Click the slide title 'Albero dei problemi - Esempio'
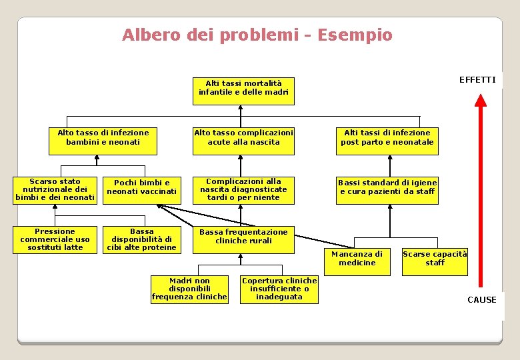[x=257, y=35]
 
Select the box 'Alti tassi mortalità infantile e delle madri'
[x=243, y=88]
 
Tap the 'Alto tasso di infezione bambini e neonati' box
[x=103, y=137]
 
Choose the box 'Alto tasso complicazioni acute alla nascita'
[x=243, y=137]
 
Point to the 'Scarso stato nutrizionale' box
[x=55, y=189]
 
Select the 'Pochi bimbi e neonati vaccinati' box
[x=142, y=187]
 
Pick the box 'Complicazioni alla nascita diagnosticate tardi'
[x=243, y=189]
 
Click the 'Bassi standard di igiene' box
[x=387, y=187]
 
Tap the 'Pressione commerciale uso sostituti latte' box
[x=55, y=240]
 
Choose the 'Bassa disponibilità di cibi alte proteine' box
[x=142, y=240]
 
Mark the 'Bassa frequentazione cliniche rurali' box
[x=243, y=237]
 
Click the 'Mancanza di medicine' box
[x=357, y=259]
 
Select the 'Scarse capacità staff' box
[x=435, y=259]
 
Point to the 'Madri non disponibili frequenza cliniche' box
[x=189, y=289]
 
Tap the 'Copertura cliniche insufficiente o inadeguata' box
[x=279, y=289]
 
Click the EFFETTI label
[x=477, y=80]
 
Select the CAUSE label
[x=481, y=300]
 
